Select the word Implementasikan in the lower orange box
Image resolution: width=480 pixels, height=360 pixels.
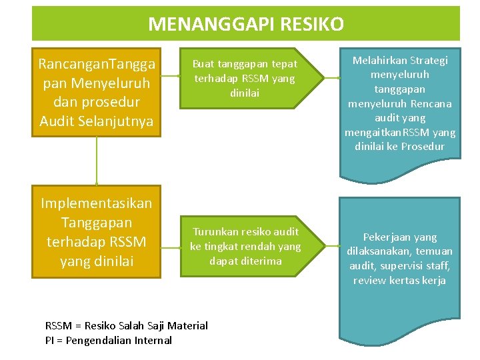(x=97, y=203)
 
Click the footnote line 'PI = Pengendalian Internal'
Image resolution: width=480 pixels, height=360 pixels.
(x=108, y=340)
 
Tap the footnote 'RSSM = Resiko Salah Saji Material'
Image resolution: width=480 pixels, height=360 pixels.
(x=126, y=325)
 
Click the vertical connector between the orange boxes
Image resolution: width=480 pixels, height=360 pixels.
(x=97, y=160)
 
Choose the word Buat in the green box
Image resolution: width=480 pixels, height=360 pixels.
(x=203, y=64)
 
